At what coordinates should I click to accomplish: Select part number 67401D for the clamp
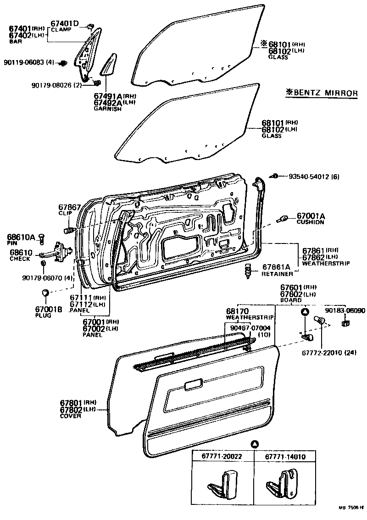click(65, 24)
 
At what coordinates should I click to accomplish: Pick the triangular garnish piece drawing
click(107, 65)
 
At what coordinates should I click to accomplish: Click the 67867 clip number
click(70, 207)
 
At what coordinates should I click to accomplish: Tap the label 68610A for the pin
click(21, 237)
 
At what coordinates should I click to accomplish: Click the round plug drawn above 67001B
click(45, 293)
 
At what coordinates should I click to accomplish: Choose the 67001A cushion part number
click(311, 216)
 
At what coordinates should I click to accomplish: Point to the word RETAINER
click(277, 274)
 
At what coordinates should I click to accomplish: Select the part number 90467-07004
click(250, 328)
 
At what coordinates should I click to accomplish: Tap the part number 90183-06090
click(345, 310)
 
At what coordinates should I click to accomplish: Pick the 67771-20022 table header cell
click(222, 457)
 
